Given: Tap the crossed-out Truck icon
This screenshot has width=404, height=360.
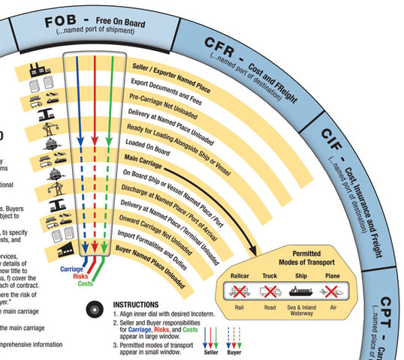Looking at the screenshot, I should [270, 290].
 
